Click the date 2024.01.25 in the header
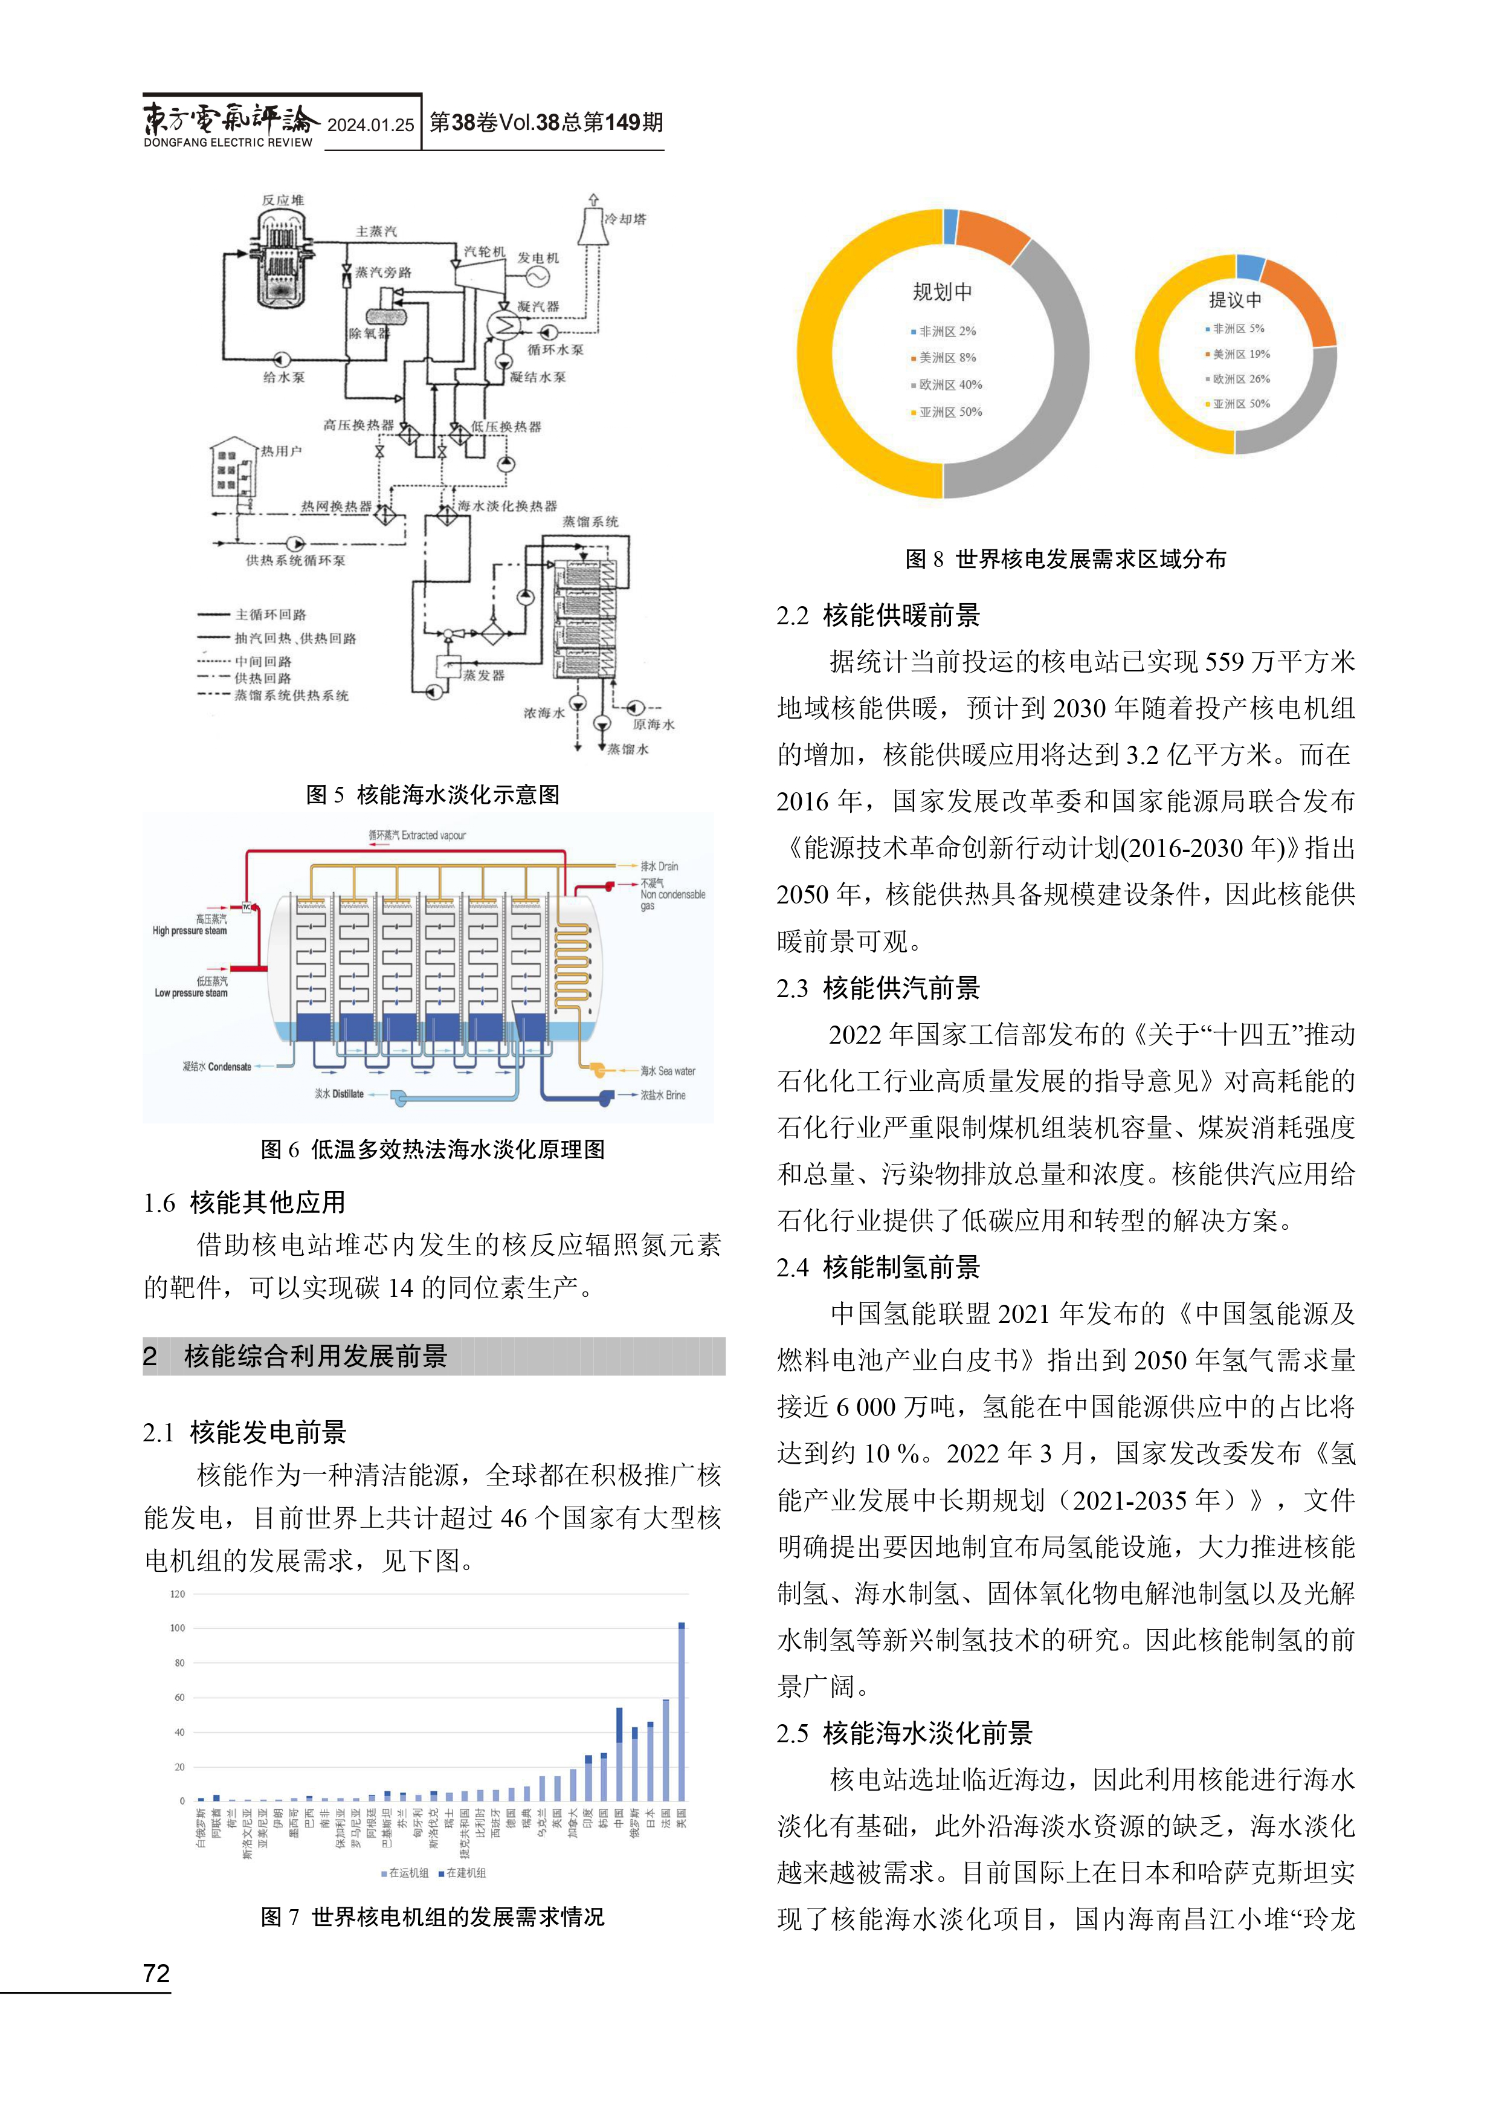tap(371, 124)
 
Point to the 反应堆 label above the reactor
tap(282, 201)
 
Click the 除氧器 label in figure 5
tap(369, 334)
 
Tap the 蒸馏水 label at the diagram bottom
tap(628, 749)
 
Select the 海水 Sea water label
tap(668, 1071)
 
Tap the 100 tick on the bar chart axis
tap(177, 1628)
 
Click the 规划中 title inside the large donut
tap(943, 292)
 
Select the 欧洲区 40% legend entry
tap(946, 385)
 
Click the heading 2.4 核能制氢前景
tap(878, 1268)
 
